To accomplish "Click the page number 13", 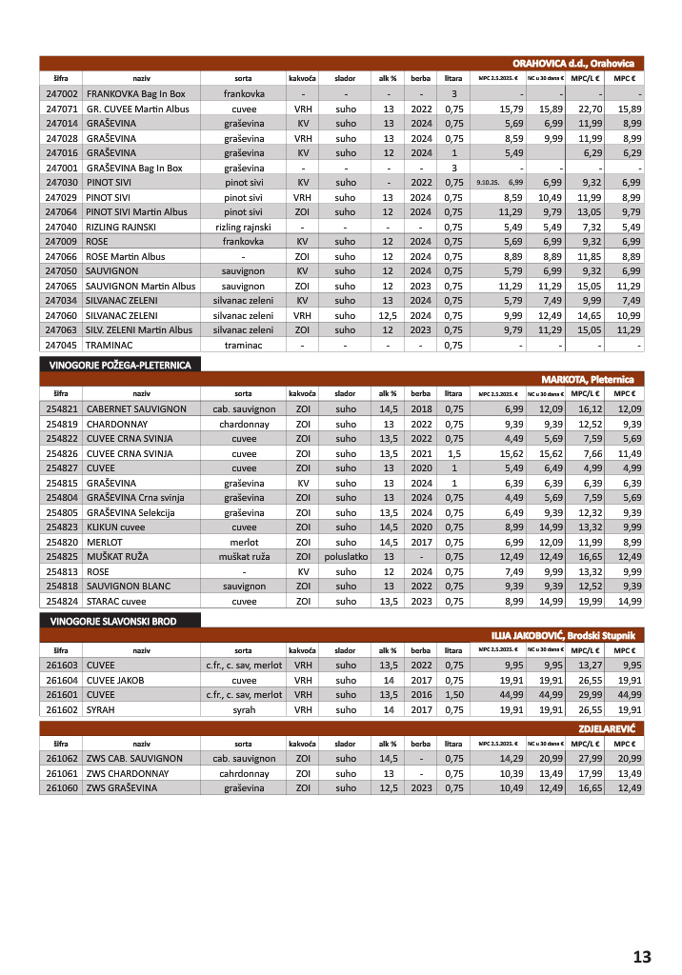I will click(x=641, y=956).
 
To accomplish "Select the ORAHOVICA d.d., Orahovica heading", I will click(x=579, y=63).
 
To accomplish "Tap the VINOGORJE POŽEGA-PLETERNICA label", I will click(x=119, y=365).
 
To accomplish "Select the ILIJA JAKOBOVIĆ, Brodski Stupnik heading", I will click(x=569, y=635).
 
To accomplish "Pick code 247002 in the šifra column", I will click(x=61, y=94).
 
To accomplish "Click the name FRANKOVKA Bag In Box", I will click(x=135, y=94).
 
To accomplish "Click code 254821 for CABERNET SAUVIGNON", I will click(x=61, y=408).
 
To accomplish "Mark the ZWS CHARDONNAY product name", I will click(x=128, y=773).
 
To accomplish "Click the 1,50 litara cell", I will click(x=454, y=694).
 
